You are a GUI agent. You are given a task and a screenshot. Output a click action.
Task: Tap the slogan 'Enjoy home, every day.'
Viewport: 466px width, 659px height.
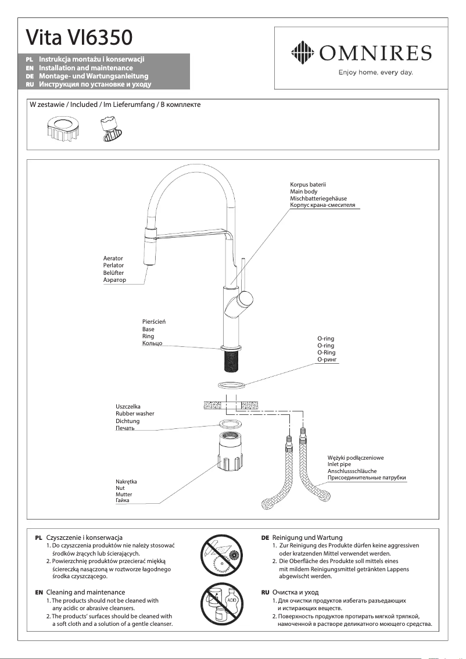tap(375, 73)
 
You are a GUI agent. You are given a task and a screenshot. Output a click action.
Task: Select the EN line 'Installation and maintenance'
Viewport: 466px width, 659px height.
tap(85, 68)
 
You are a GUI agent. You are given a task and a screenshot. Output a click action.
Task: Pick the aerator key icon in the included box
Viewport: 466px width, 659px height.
tap(108, 129)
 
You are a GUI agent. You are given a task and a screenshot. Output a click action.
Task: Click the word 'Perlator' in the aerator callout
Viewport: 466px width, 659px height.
tap(113, 266)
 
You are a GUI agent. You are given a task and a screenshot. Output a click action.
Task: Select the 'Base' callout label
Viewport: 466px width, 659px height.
tap(148, 329)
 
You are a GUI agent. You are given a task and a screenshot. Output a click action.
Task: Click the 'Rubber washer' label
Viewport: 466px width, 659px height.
tap(135, 413)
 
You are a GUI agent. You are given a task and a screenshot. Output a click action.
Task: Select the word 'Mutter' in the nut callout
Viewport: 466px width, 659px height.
tap(124, 494)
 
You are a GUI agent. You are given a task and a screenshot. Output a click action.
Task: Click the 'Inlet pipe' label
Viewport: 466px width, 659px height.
tap(339, 464)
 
